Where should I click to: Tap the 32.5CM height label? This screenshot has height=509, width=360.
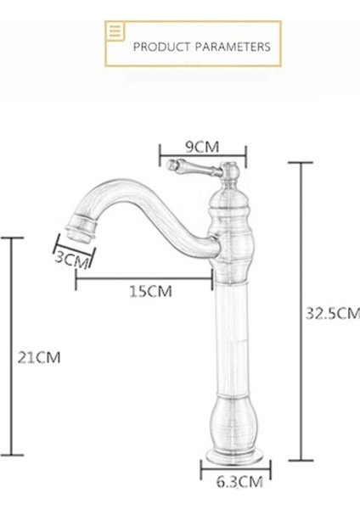pyautogui.click(x=332, y=313)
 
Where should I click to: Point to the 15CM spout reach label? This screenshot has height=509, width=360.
pyautogui.click(x=150, y=291)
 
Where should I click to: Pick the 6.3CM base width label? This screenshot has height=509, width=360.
pyautogui.click(x=238, y=483)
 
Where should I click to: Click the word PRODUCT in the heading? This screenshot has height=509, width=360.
pyautogui.click(x=160, y=47)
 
